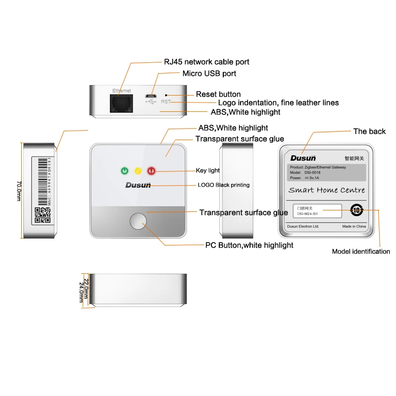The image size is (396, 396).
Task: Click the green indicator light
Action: click(124, 171)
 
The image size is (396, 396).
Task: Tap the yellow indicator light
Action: click(138, 171)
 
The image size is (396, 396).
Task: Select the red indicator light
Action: click(151, 171)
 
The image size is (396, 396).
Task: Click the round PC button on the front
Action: click(139, 221)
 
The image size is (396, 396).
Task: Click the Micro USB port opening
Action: click(151, 95)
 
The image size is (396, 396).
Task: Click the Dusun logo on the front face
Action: click(137, 186)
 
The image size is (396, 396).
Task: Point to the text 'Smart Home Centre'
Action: click(327, 190)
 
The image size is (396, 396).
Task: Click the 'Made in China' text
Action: click(353, 226)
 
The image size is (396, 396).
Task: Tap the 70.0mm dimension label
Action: click(19, 190)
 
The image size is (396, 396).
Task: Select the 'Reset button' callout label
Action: click(218, 94)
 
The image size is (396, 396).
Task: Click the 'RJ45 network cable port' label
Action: click(206, 62)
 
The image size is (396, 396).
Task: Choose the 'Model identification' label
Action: click(361, 251)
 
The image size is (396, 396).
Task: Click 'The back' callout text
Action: click(369, 131)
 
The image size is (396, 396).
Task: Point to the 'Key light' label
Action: click(207, 170)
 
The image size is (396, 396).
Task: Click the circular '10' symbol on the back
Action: click(356, 210)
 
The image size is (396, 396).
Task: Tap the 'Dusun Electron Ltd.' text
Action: click(303, 226)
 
